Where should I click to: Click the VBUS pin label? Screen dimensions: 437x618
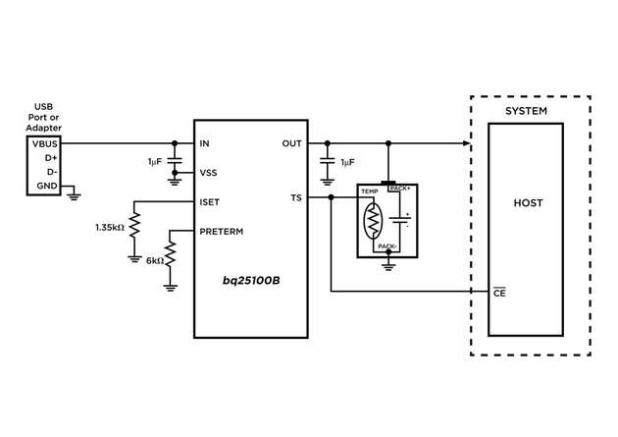click(x=43, y=143)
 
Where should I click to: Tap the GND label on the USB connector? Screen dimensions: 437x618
click(x=45, y=185)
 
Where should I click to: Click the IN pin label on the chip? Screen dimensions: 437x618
click(x=204, y=143)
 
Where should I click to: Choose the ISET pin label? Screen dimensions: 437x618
click(x=209, y=201)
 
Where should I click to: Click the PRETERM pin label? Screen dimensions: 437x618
click(x=221, y=232)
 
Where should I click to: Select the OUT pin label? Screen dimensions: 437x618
click(x=291, y=143)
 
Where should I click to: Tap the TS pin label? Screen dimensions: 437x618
click(x=297, y=197)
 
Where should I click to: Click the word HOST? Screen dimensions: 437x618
click(x=528, y=203)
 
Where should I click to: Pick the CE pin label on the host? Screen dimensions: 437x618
click(x=499, y=292)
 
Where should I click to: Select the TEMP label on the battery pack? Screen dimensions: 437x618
click(x=369, y=191)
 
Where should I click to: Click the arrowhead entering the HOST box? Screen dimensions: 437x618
click(x=467, y=143)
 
